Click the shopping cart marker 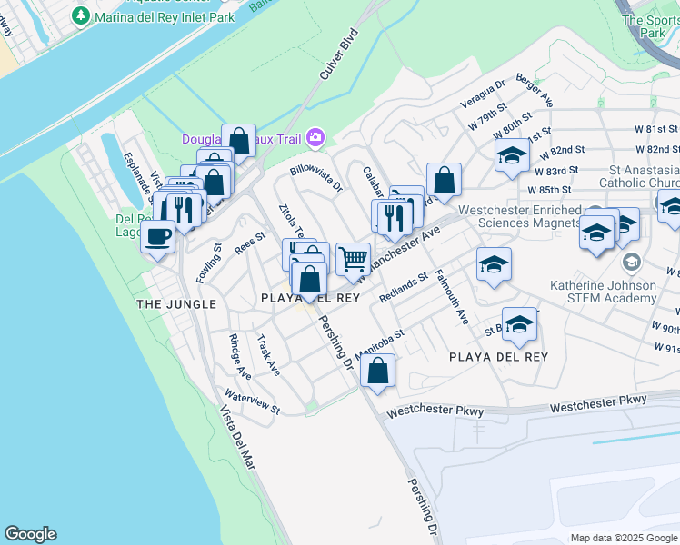coord(353,259)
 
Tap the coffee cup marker coord(157,237)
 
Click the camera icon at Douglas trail coord(315,137)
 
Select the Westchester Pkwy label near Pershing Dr coord(435,411)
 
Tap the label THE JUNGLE coord(176,303)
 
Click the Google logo coord(30,534)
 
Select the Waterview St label coord(252,403)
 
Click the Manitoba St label coord(379,344)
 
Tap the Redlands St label coord(404,288)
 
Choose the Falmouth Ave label coord(451,297)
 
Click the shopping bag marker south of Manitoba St coord(377,371)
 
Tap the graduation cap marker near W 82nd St coord(512,155)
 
